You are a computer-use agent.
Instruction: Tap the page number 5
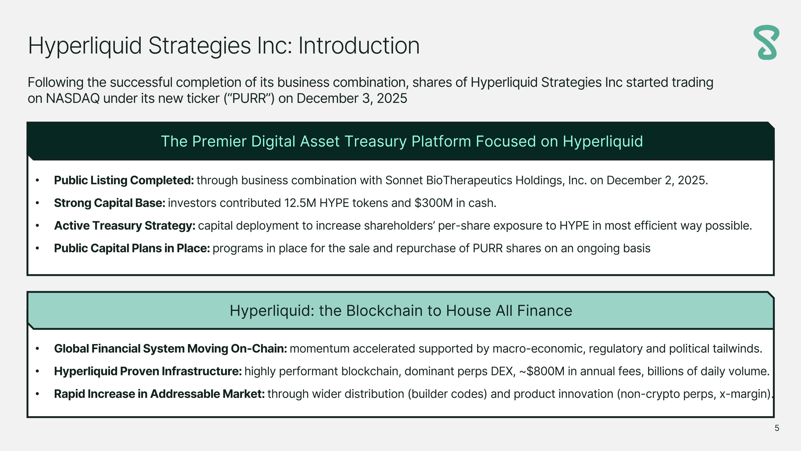tap(777, 428)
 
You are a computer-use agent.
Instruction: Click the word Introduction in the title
tap(359, 46)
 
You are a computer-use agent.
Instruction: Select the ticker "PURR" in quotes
tap(249, 99)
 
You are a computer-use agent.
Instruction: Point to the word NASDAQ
tap(73, 99)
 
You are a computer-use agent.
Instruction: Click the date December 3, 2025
tap(352, 99)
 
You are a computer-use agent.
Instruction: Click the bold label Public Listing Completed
tap(124, 180)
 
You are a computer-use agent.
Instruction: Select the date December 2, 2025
tap(657, 180)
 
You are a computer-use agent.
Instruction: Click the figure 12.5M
tap(300, 203)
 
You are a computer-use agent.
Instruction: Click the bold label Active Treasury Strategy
tap(124, 226)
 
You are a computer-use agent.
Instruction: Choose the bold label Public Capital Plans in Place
tap(132, 249)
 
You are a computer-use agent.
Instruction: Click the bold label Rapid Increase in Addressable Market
tap(159, 394)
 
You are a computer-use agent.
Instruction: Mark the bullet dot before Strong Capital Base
tap(37, 203)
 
